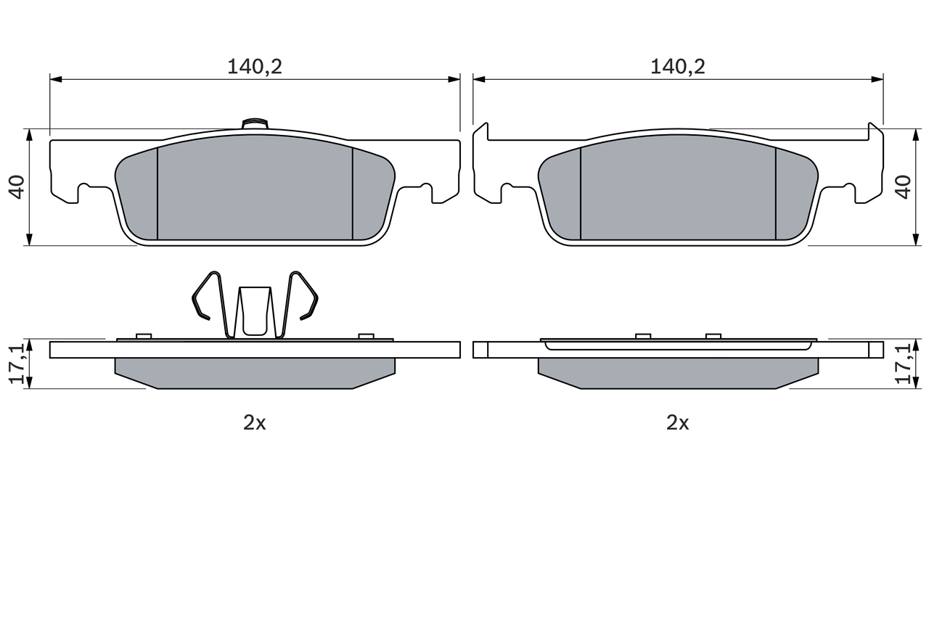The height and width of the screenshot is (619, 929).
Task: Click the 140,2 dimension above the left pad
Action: [254, 67]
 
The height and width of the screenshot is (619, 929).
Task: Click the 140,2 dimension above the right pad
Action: [677, 67]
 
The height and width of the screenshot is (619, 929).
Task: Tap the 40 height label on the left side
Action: [17, 186]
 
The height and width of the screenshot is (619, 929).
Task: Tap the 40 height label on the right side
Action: [902, 186]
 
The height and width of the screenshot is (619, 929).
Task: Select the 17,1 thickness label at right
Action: [904, 364]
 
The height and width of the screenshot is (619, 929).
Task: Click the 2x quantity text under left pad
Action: [254, 422]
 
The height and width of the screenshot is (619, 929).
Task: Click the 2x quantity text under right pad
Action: [677, 422]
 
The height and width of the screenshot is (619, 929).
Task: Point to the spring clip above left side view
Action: [255, 305]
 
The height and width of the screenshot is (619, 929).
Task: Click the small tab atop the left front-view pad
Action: [255, 123]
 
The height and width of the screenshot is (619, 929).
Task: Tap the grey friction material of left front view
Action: [254, 192]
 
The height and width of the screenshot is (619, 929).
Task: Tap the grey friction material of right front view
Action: [677, 192]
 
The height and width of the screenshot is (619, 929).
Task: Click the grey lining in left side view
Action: [254, 372]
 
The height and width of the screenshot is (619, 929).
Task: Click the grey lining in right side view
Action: [677, 372]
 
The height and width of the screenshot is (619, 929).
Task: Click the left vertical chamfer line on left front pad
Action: [157, 192]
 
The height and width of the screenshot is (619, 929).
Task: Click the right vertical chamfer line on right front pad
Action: [776, 192]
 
